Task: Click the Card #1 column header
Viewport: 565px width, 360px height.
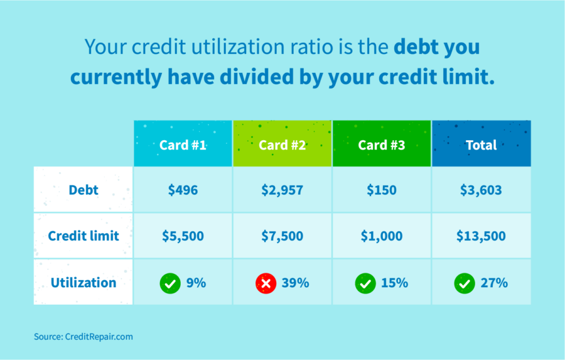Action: [x=183, y=145]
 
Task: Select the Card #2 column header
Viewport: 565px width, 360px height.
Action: [x=282, y=145]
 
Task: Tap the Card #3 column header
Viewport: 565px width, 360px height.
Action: [x=382, y=145]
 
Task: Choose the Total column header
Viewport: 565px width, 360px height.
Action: [x=482, y=145]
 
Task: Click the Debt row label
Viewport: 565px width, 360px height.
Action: [x=83, y=190]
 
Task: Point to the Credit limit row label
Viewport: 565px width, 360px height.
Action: [x=83, y=236]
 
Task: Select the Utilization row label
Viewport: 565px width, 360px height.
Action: [x=83, y=283]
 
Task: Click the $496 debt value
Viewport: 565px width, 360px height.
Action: [x=183, y=190]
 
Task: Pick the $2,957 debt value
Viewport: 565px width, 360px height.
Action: [x=282, y=190]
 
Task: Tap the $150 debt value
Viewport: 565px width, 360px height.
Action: [x=382, y=190]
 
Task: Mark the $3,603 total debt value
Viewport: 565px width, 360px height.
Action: [x=482, y=190]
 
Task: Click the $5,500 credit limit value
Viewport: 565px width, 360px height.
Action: [x=183, y=236]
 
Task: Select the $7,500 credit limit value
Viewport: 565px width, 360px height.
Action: [x=282, y=236]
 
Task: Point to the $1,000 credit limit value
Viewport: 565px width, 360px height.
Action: [x=382, y=236]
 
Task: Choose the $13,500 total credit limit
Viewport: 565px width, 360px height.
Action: [x=482, y=236]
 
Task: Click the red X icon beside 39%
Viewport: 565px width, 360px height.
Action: [x=266, y=283]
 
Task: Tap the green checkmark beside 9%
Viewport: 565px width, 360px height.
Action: [x=169, y=283]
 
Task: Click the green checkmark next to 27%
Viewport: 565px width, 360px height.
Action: [x=465, y=283]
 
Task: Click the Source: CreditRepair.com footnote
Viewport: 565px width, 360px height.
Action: [x=83, y=337]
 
